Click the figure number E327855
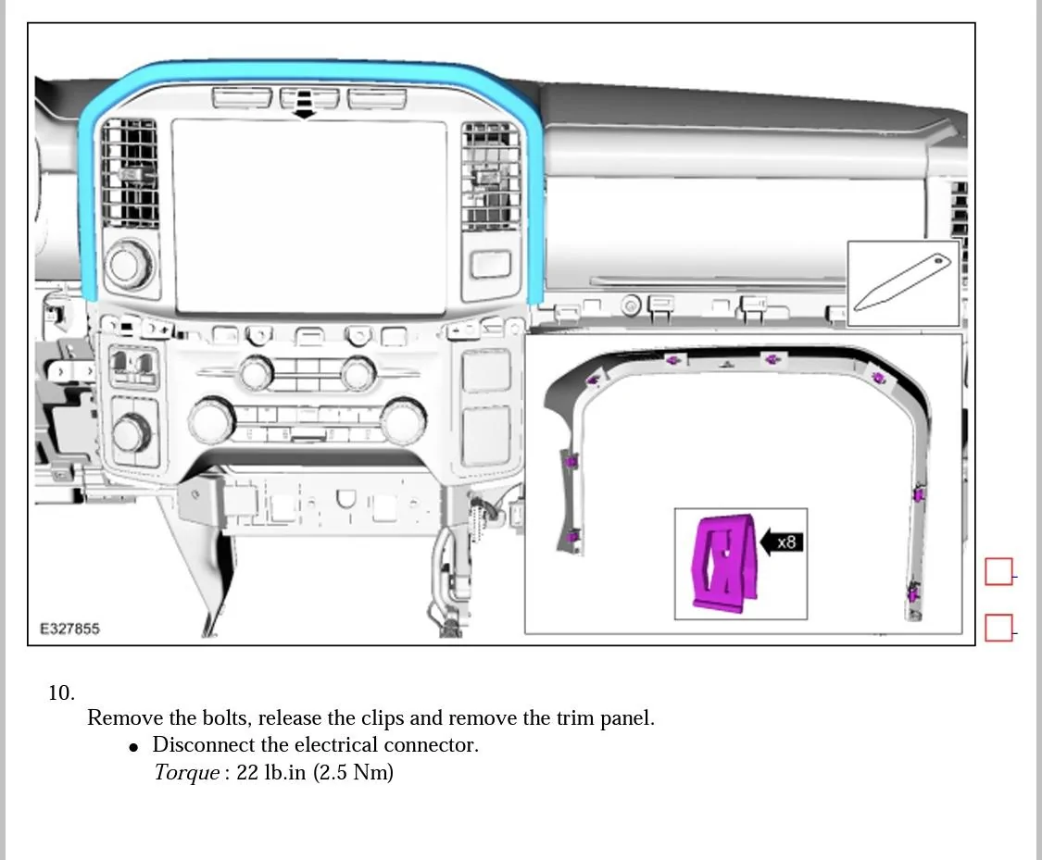(69, 629)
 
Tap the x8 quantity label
(786, 542)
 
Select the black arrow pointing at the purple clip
(770, 542)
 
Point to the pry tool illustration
(902, 282)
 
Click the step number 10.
(61, 692)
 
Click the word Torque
(186, 772)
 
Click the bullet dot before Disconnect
(134, 746)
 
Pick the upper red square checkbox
(998, 572)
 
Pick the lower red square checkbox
(998, 628)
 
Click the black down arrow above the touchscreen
(303, 111)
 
